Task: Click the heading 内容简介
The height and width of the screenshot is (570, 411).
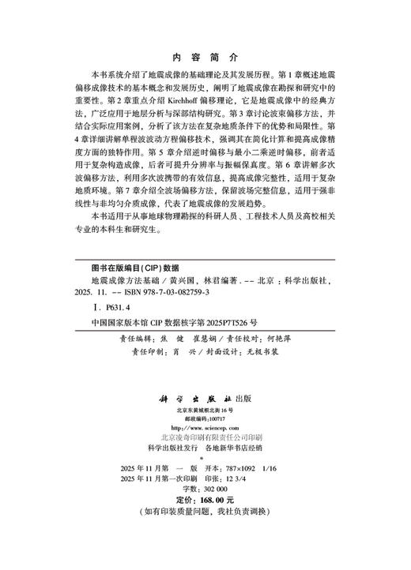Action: coord(205,58)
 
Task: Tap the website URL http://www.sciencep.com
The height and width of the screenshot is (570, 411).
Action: coord(205,429)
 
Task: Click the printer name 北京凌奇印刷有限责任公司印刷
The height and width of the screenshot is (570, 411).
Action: coord(205,437)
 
